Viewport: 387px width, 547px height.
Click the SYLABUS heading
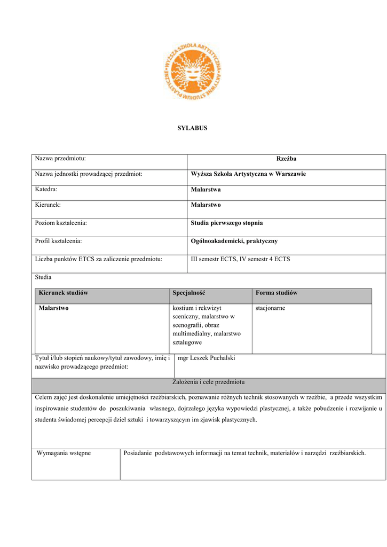(x=192, y=128)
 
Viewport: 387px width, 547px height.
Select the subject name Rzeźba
(x=286, y=159)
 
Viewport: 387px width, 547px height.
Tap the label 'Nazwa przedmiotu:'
(x=60, y=159)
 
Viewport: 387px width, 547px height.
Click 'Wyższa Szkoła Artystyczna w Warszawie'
(x=248, y=174)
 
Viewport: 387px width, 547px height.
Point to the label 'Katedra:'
(x=46, y=190)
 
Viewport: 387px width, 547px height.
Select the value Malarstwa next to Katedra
(x=206, y=190)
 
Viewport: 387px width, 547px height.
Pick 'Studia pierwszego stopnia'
(x=227, y=223)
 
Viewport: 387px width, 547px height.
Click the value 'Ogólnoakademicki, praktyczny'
(x=234, y=241)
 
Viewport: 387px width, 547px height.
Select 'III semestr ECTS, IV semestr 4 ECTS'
(x=240, y=260)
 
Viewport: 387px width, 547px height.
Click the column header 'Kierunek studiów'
(x=63, y=293)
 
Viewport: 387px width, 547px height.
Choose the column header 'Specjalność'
(x=189, y=293)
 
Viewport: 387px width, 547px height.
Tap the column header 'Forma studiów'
(x=277, y=293)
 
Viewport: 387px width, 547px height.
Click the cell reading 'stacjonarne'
(x=271, y=308)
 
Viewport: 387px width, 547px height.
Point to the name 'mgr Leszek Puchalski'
(x=206, y=358)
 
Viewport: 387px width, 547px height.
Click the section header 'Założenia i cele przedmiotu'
(x=208, y=382)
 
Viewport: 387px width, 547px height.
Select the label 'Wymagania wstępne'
(x=64, y=454)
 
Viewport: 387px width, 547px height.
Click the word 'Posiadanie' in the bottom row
(x=138, y=454)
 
